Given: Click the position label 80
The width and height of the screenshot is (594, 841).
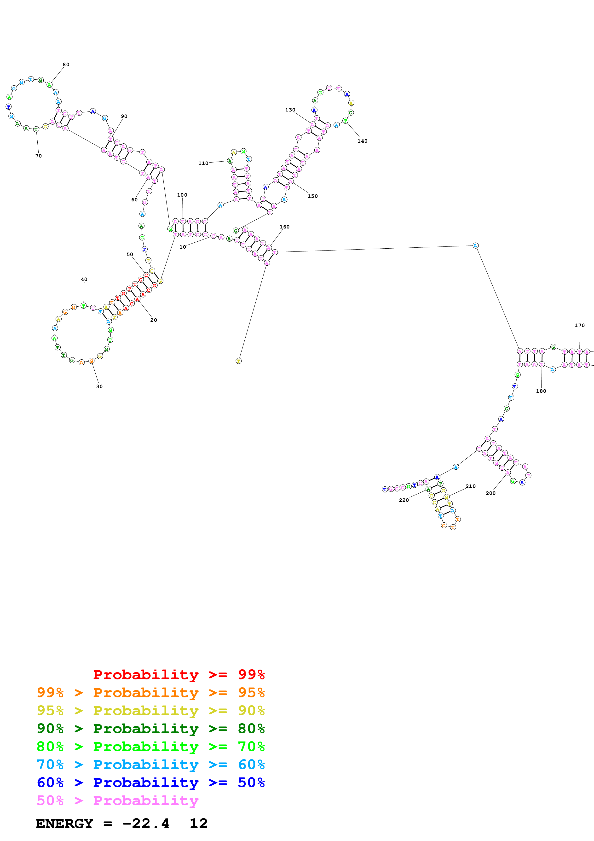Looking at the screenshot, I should point(66,64).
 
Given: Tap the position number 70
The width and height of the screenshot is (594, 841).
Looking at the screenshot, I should point(38,156).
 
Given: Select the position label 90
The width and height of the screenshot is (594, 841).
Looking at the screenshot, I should point(124,116).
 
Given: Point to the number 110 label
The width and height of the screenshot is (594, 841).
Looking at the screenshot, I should point(203,163).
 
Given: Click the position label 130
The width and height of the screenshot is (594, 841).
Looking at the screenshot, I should point(290,110).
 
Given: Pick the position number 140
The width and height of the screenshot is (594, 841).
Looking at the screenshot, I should point(362,141).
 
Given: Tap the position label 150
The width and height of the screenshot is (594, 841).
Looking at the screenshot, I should point(312,196).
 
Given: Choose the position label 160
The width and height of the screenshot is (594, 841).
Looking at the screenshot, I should point(284,227).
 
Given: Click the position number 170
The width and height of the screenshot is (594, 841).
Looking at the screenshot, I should point(579,325).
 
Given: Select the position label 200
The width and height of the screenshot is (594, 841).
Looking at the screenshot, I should point(490,493).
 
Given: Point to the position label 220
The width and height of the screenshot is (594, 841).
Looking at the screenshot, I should point(404,500).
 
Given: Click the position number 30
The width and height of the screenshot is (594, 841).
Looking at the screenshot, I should point(99,386).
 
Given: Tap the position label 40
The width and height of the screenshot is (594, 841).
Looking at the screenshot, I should point(84,279).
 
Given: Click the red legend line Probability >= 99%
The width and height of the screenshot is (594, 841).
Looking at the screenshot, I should point(179,674).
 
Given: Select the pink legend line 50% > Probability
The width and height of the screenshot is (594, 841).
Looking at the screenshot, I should point(117,800).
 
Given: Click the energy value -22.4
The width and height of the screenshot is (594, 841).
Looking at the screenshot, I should point(146,824).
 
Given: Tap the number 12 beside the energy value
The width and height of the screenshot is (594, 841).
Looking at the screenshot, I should point(198,824).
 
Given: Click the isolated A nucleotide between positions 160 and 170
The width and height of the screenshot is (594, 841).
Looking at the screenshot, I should point(475,245).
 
